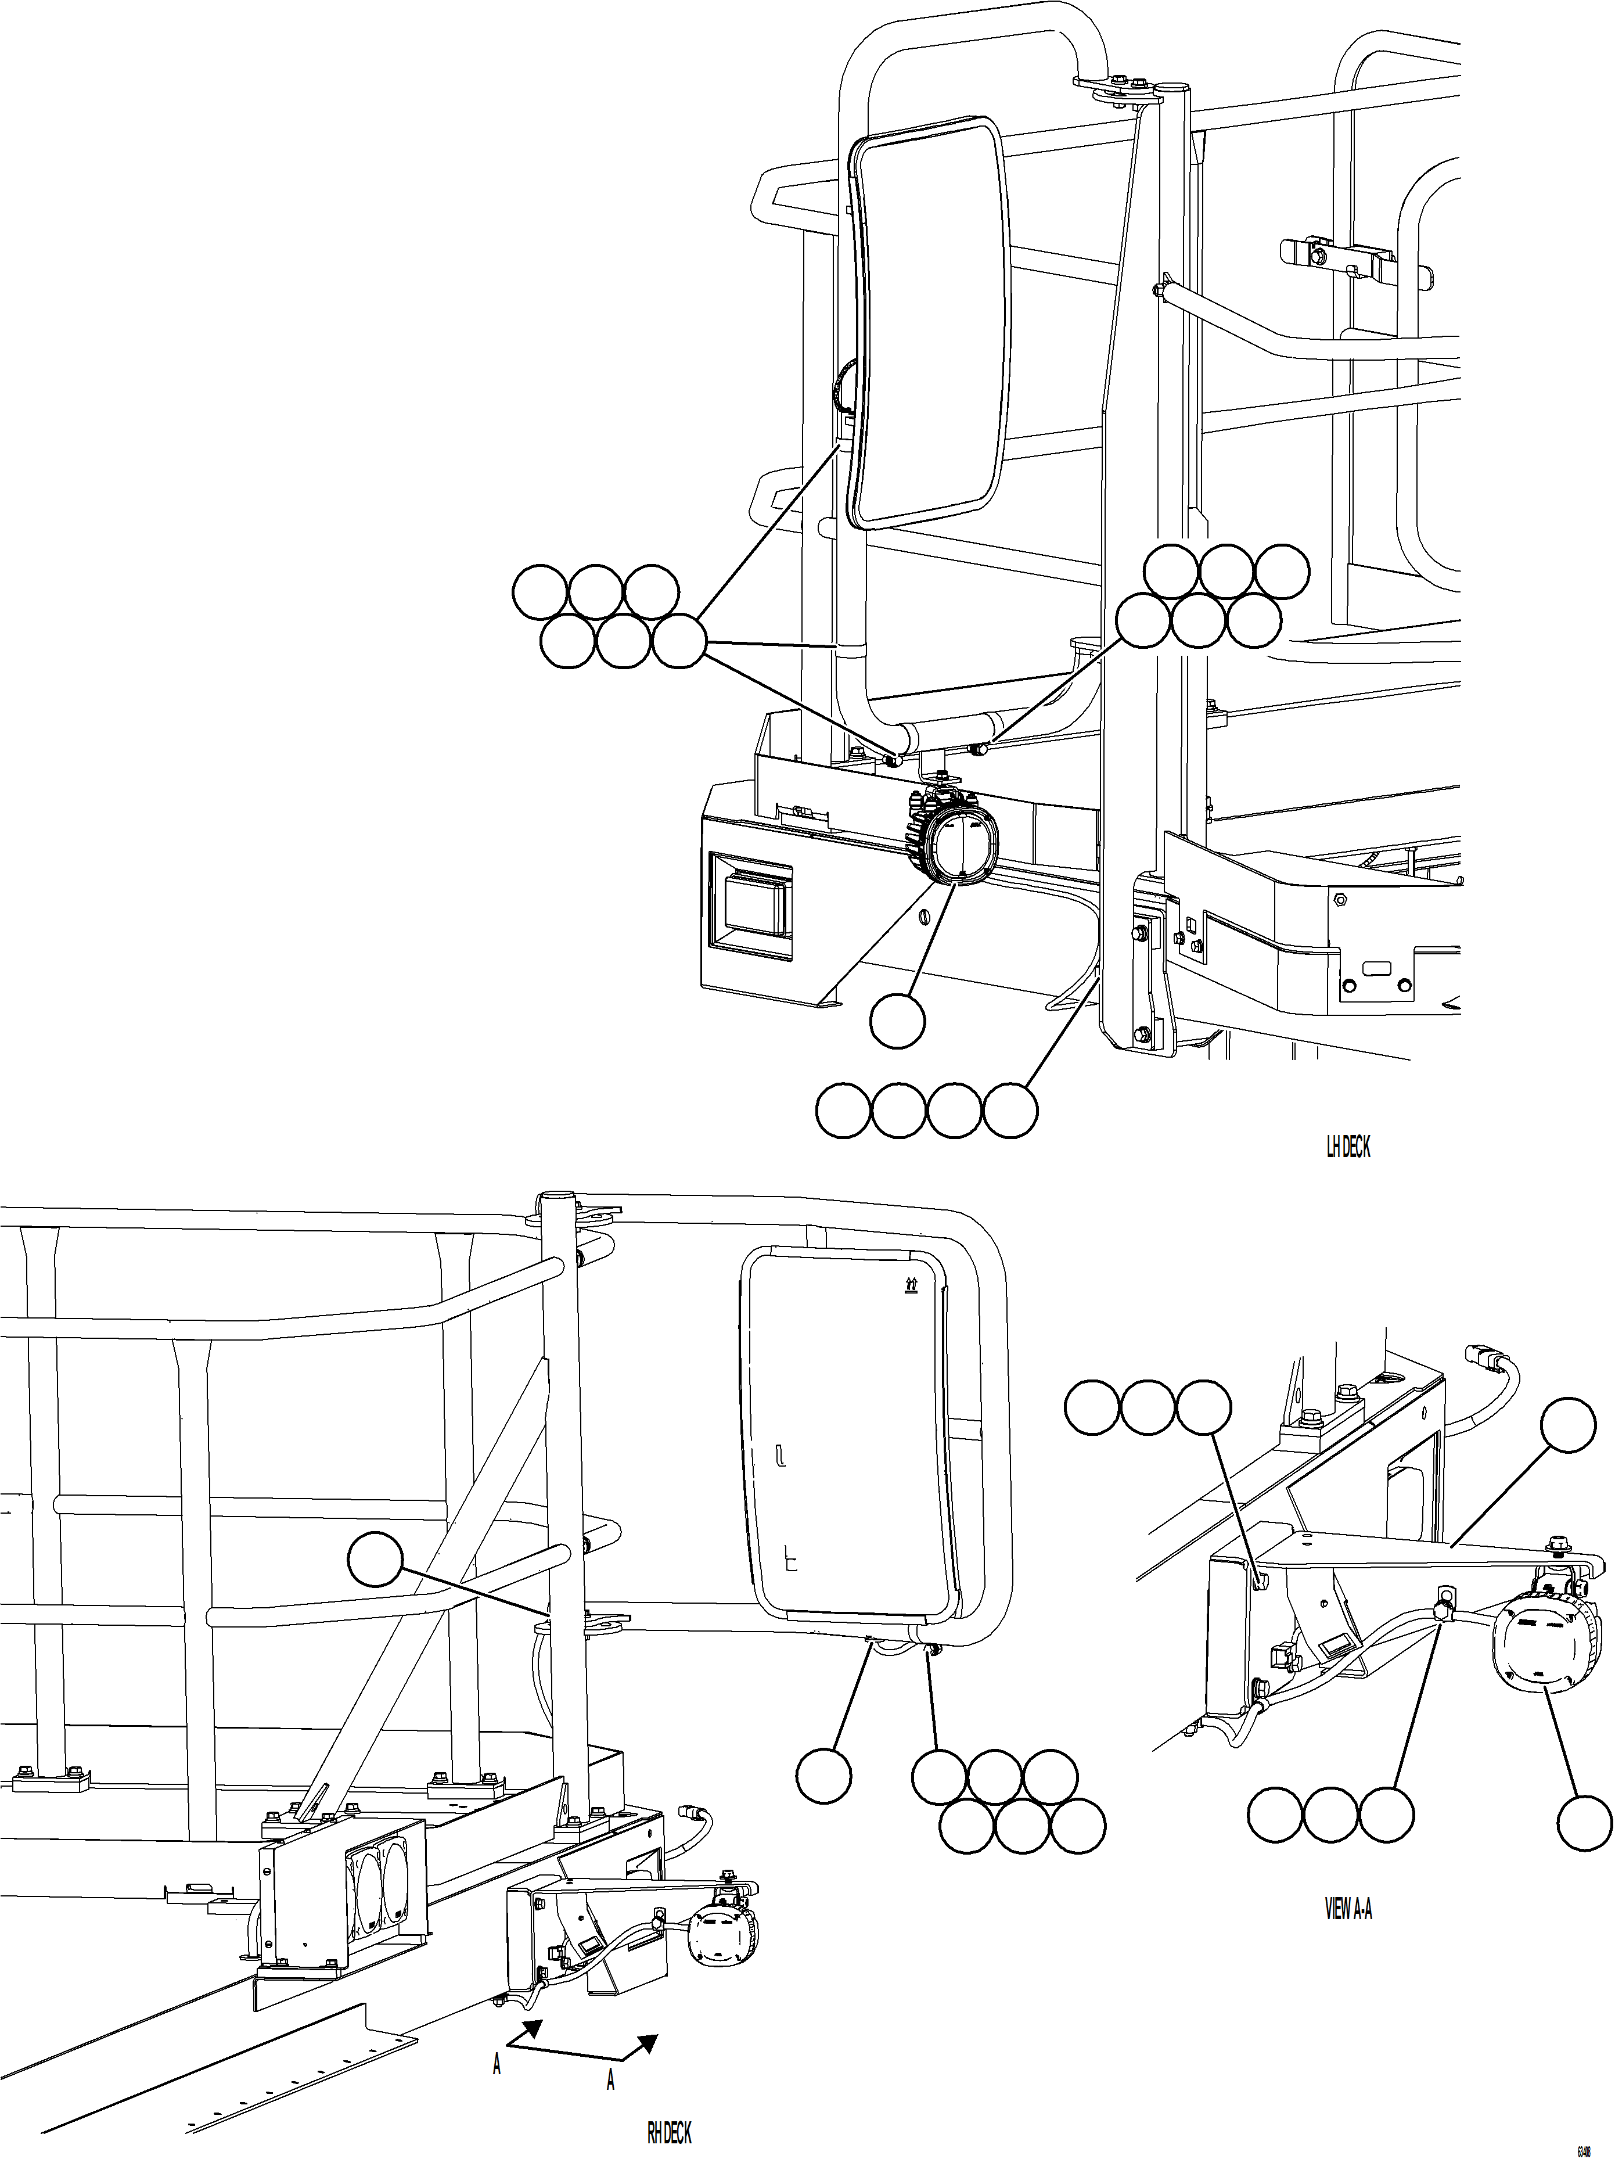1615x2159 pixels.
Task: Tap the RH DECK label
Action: pos(670,2127)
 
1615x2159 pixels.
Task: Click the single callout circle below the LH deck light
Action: pos(897,1022)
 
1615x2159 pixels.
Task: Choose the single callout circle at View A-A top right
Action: pos(1567,1426)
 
